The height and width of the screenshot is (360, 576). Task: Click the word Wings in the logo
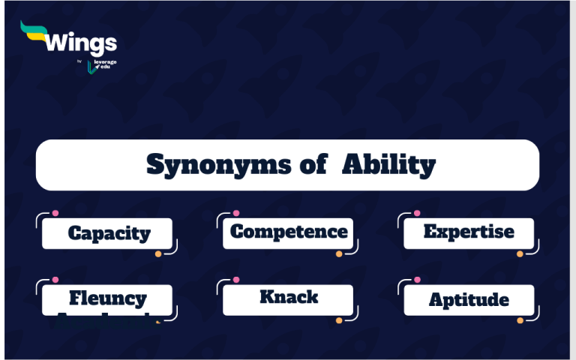[81, 42]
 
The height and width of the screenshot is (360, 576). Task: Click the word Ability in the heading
[388, 164]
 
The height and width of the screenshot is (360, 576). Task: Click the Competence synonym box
[289, 232]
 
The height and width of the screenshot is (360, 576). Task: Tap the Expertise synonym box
[469, 232]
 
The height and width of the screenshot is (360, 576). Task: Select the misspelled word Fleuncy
[108, 298]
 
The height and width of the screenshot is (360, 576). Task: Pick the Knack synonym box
[289, 297]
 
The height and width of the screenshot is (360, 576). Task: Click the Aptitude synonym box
[469, 300]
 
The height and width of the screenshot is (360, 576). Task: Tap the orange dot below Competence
[339, 254]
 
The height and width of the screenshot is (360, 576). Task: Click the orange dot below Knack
[339, 320]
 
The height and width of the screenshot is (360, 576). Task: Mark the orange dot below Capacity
[158, 254]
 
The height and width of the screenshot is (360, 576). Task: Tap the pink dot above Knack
[236, 280]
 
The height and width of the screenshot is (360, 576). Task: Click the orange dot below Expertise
[519, 254]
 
